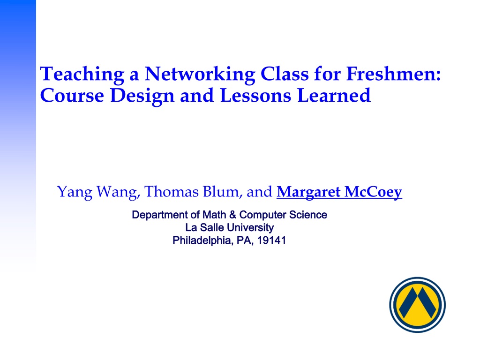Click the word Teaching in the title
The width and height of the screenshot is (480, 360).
pyautogui.click(x=82, y=75)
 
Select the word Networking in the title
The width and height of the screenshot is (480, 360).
pyautogui.click(x=200, y=75)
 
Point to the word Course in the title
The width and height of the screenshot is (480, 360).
pyautogui.click(x=72, y=95)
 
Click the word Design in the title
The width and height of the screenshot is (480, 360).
pyautogui.click(x=142, y=96)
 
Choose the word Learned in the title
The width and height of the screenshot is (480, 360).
pyautogui.click(x=334, y=95)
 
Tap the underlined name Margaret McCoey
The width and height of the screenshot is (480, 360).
pyautogui.click(x=339, y=192)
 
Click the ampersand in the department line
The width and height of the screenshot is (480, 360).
pyautogui.click(x=232, y=215)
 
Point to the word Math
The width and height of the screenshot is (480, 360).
pyautogui.click(x=214, y=215)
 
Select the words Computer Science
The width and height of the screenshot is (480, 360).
pyautogui.click(x=283, y=215)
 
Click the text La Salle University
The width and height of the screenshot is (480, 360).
pyautogui.click(x=230, y=228)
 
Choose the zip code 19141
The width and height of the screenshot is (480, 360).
pyautogui.click(x=271, y=240)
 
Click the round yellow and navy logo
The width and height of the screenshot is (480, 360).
pyautogui.click(x=417, y=305)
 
